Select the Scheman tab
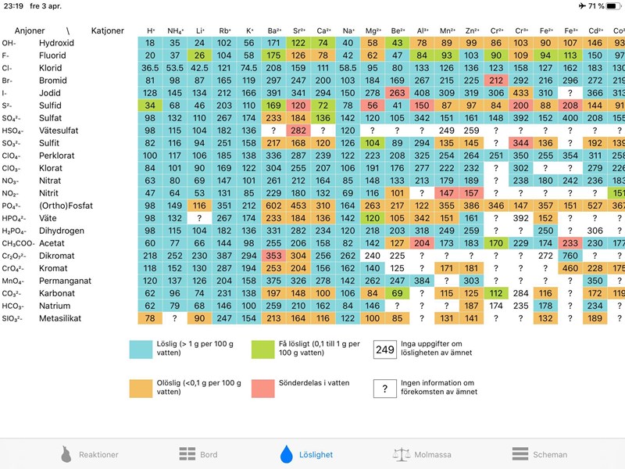540,454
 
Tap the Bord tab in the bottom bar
198,454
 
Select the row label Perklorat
59,156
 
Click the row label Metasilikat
63,319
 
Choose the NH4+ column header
175,30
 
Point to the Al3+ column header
423,30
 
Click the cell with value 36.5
150,68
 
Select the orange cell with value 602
273,206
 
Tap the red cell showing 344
521,143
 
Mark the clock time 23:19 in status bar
12,5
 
